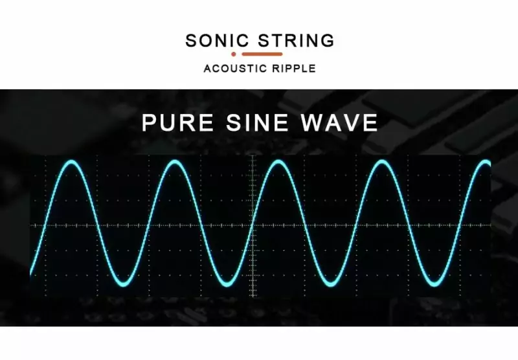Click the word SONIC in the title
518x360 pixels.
click(217, 40)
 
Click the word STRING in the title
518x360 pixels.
click(296, 40)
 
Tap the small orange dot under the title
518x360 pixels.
click(234, 54)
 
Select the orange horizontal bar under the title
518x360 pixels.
click(262, 54)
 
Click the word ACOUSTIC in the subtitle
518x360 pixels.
click(235, 69)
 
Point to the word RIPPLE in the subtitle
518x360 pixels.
click(294, 69)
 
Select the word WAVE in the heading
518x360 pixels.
click(339, 122)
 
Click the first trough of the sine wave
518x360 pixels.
click(123, 284)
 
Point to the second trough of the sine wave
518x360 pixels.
click(227, 284)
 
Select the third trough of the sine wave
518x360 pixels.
click(330, 284)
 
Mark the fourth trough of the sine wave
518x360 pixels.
click(433, 284)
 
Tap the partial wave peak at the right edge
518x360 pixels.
click(486, 163)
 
